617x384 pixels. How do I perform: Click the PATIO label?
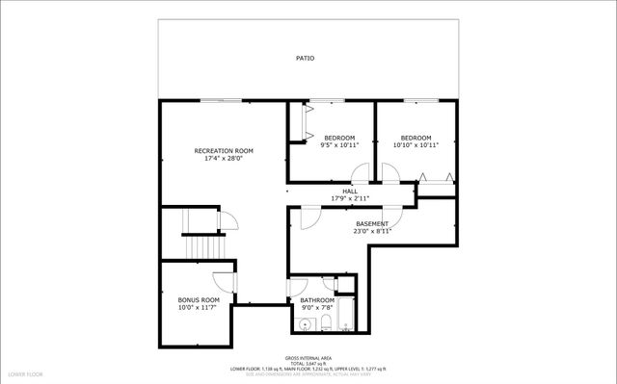(305, 59)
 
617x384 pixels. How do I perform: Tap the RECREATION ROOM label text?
(224, 151)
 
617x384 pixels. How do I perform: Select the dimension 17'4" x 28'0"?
(224, 159)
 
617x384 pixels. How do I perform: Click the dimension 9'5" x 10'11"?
(338, 145)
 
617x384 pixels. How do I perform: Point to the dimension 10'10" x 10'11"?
(416, 145)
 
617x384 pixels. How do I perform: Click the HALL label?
(350, 192)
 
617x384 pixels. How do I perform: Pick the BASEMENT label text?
(372, 224)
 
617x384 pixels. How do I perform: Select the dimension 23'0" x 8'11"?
(372, 231)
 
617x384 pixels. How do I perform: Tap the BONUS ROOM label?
(199, 300)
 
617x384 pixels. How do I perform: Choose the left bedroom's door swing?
(360, 174)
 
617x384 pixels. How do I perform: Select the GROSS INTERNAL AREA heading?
(308, 357)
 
